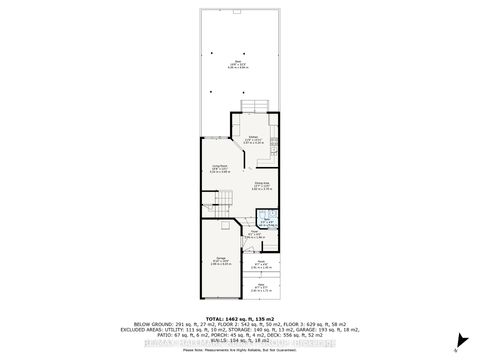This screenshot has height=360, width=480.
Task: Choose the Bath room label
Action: pyautogui.click(x=266, y=221)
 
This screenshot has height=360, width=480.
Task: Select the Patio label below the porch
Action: pyautogui.click(x=261, y=287)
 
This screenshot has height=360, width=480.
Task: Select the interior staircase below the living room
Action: pyautogui.click(x=222, y=204)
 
